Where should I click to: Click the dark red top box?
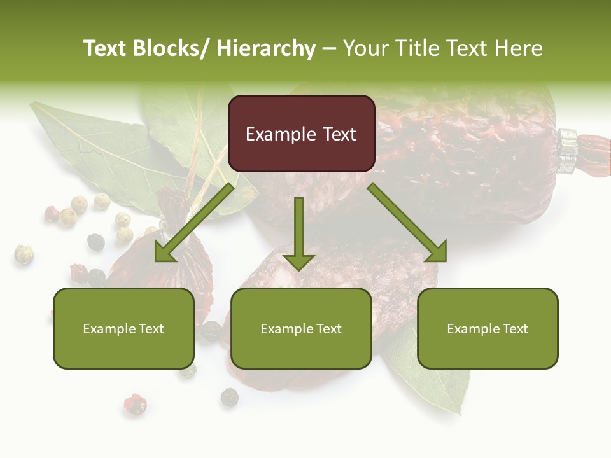301,134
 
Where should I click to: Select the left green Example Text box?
123,328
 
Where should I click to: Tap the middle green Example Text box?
301,328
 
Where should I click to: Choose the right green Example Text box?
488,328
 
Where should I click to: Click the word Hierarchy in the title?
266,48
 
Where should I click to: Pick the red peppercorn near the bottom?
134,405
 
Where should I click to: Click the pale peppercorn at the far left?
24,254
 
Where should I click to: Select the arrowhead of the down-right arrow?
435,251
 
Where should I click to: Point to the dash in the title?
328,48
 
